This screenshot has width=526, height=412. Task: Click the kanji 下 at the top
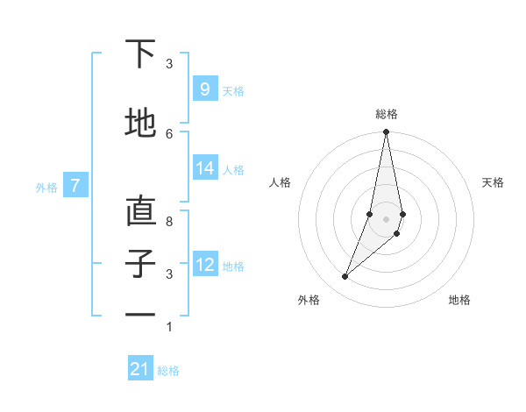pos(139,54)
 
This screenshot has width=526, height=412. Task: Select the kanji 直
pos(140,211)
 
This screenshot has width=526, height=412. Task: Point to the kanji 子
pos(140,264)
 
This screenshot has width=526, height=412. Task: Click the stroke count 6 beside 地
pos(169,133)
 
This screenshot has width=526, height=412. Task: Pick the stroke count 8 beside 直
pos(169,222)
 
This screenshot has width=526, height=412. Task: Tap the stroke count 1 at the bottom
pos(169,327)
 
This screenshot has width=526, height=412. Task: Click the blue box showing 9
pos(204,89)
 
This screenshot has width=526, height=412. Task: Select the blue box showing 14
pos(204,168)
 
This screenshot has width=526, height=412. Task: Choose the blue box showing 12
pos(204,264)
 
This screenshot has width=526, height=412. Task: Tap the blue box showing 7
pos(75,185)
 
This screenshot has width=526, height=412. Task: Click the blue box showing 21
pos(139,369)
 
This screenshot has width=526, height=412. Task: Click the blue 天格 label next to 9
pos(233,90)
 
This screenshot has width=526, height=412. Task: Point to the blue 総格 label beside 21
pos(168,371)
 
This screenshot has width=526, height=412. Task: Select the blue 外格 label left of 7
pos(46,187)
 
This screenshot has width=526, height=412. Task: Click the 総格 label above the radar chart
pos(386,114)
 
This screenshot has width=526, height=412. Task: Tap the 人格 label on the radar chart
pos(280,182)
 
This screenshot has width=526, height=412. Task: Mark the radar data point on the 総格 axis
pos(386,132)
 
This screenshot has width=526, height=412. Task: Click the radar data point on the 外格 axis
pos(345,277)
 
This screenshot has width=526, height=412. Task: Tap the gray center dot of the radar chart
pos(386,219)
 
